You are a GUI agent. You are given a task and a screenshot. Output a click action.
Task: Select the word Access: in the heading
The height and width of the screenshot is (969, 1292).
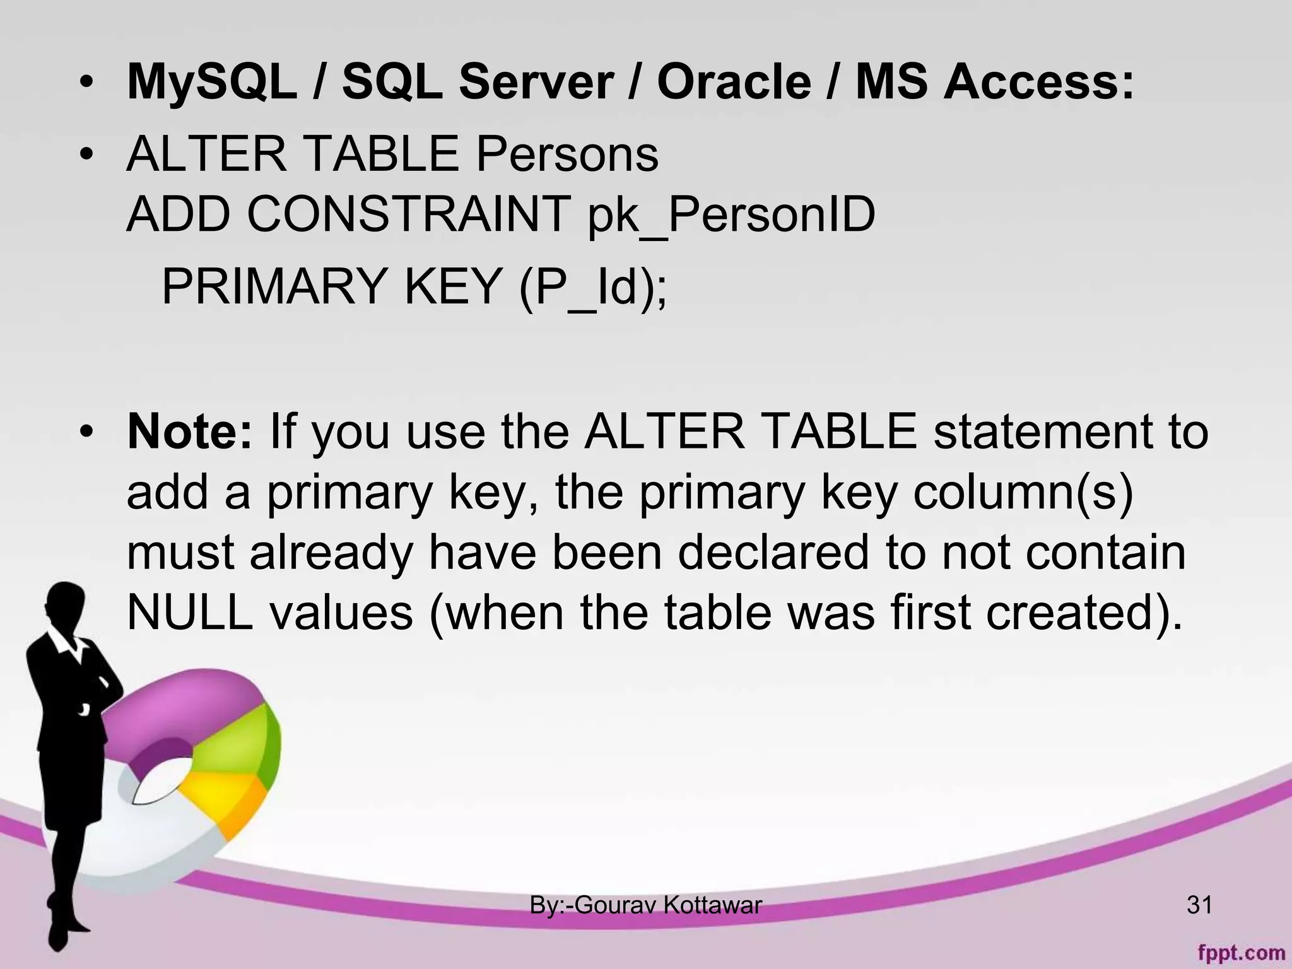point(1038,82)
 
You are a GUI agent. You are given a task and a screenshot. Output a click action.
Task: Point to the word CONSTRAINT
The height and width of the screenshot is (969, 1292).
point(409,216)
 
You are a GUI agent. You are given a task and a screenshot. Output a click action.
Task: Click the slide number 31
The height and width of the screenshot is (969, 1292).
point(1199,905)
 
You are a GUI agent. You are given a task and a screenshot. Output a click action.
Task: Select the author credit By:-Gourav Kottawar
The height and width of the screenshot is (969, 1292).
point(645,905)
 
